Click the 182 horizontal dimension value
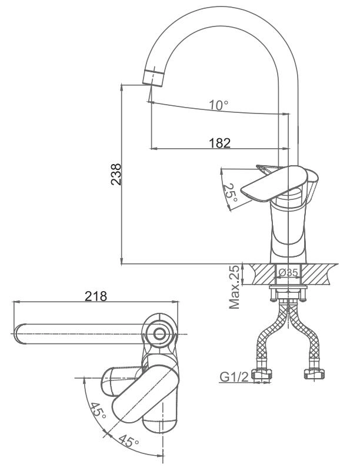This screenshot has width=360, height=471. [219, 142]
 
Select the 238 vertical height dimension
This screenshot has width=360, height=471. [117, 174]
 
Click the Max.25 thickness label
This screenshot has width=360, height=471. [236, 286]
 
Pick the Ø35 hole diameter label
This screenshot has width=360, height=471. [288, 272]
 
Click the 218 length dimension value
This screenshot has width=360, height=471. [96, 296]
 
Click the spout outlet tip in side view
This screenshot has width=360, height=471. [152, 77]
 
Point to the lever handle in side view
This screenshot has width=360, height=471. [275, 182]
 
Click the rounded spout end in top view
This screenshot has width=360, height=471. [19, 334]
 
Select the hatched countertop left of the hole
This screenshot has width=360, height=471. [262, 272]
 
